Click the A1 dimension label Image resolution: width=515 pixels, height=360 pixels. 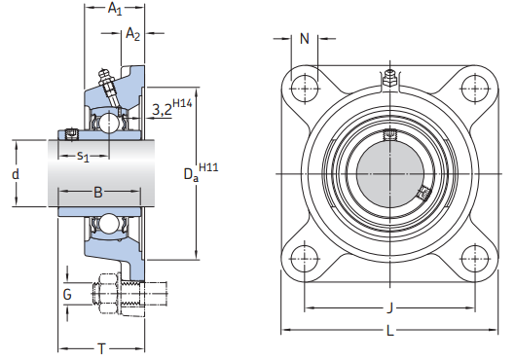[x=115, y=9]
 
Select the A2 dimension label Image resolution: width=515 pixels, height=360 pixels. [x=133, y=34]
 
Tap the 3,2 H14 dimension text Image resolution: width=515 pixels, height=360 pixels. [x=171, y=109]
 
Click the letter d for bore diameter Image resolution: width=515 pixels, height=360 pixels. [x=15, y=174]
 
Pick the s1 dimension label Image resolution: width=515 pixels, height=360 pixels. [x=84, y=155]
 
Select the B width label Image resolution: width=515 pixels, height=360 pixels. [x=97, y=192]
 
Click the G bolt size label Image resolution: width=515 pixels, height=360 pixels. [x=67, y=293]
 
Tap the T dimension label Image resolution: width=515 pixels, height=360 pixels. [x=101, y=347]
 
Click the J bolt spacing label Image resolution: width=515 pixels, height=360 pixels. [x=391, y=309]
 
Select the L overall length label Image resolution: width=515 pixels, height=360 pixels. [x=391, y=332]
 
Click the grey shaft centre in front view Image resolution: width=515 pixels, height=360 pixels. [x=391, y=173]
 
